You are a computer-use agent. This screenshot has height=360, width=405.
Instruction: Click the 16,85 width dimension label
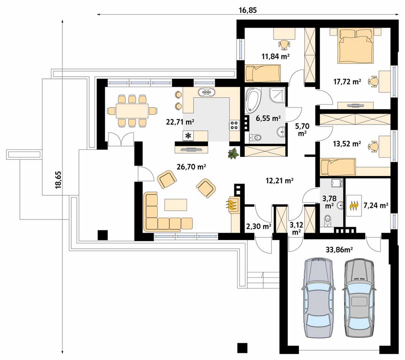click(248, 10)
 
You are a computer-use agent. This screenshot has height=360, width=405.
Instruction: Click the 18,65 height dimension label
click(59, 180)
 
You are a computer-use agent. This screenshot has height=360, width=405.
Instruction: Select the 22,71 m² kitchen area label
click(180, 122)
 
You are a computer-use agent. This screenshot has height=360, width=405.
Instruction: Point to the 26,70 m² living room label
click(191, 167)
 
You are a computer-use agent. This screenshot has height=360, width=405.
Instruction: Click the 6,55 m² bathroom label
click(268, 118)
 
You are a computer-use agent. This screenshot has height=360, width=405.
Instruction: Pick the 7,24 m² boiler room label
click(376, 205)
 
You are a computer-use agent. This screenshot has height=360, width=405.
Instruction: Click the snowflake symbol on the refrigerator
click(188, 136)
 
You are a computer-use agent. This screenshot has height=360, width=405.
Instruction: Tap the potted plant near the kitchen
click(233, 153)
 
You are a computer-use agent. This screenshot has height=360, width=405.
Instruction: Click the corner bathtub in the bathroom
click(252, 101)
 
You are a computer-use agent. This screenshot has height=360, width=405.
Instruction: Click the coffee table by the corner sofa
click(176, 205)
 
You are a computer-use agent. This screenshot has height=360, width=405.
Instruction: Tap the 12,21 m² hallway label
click(279, 180)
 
